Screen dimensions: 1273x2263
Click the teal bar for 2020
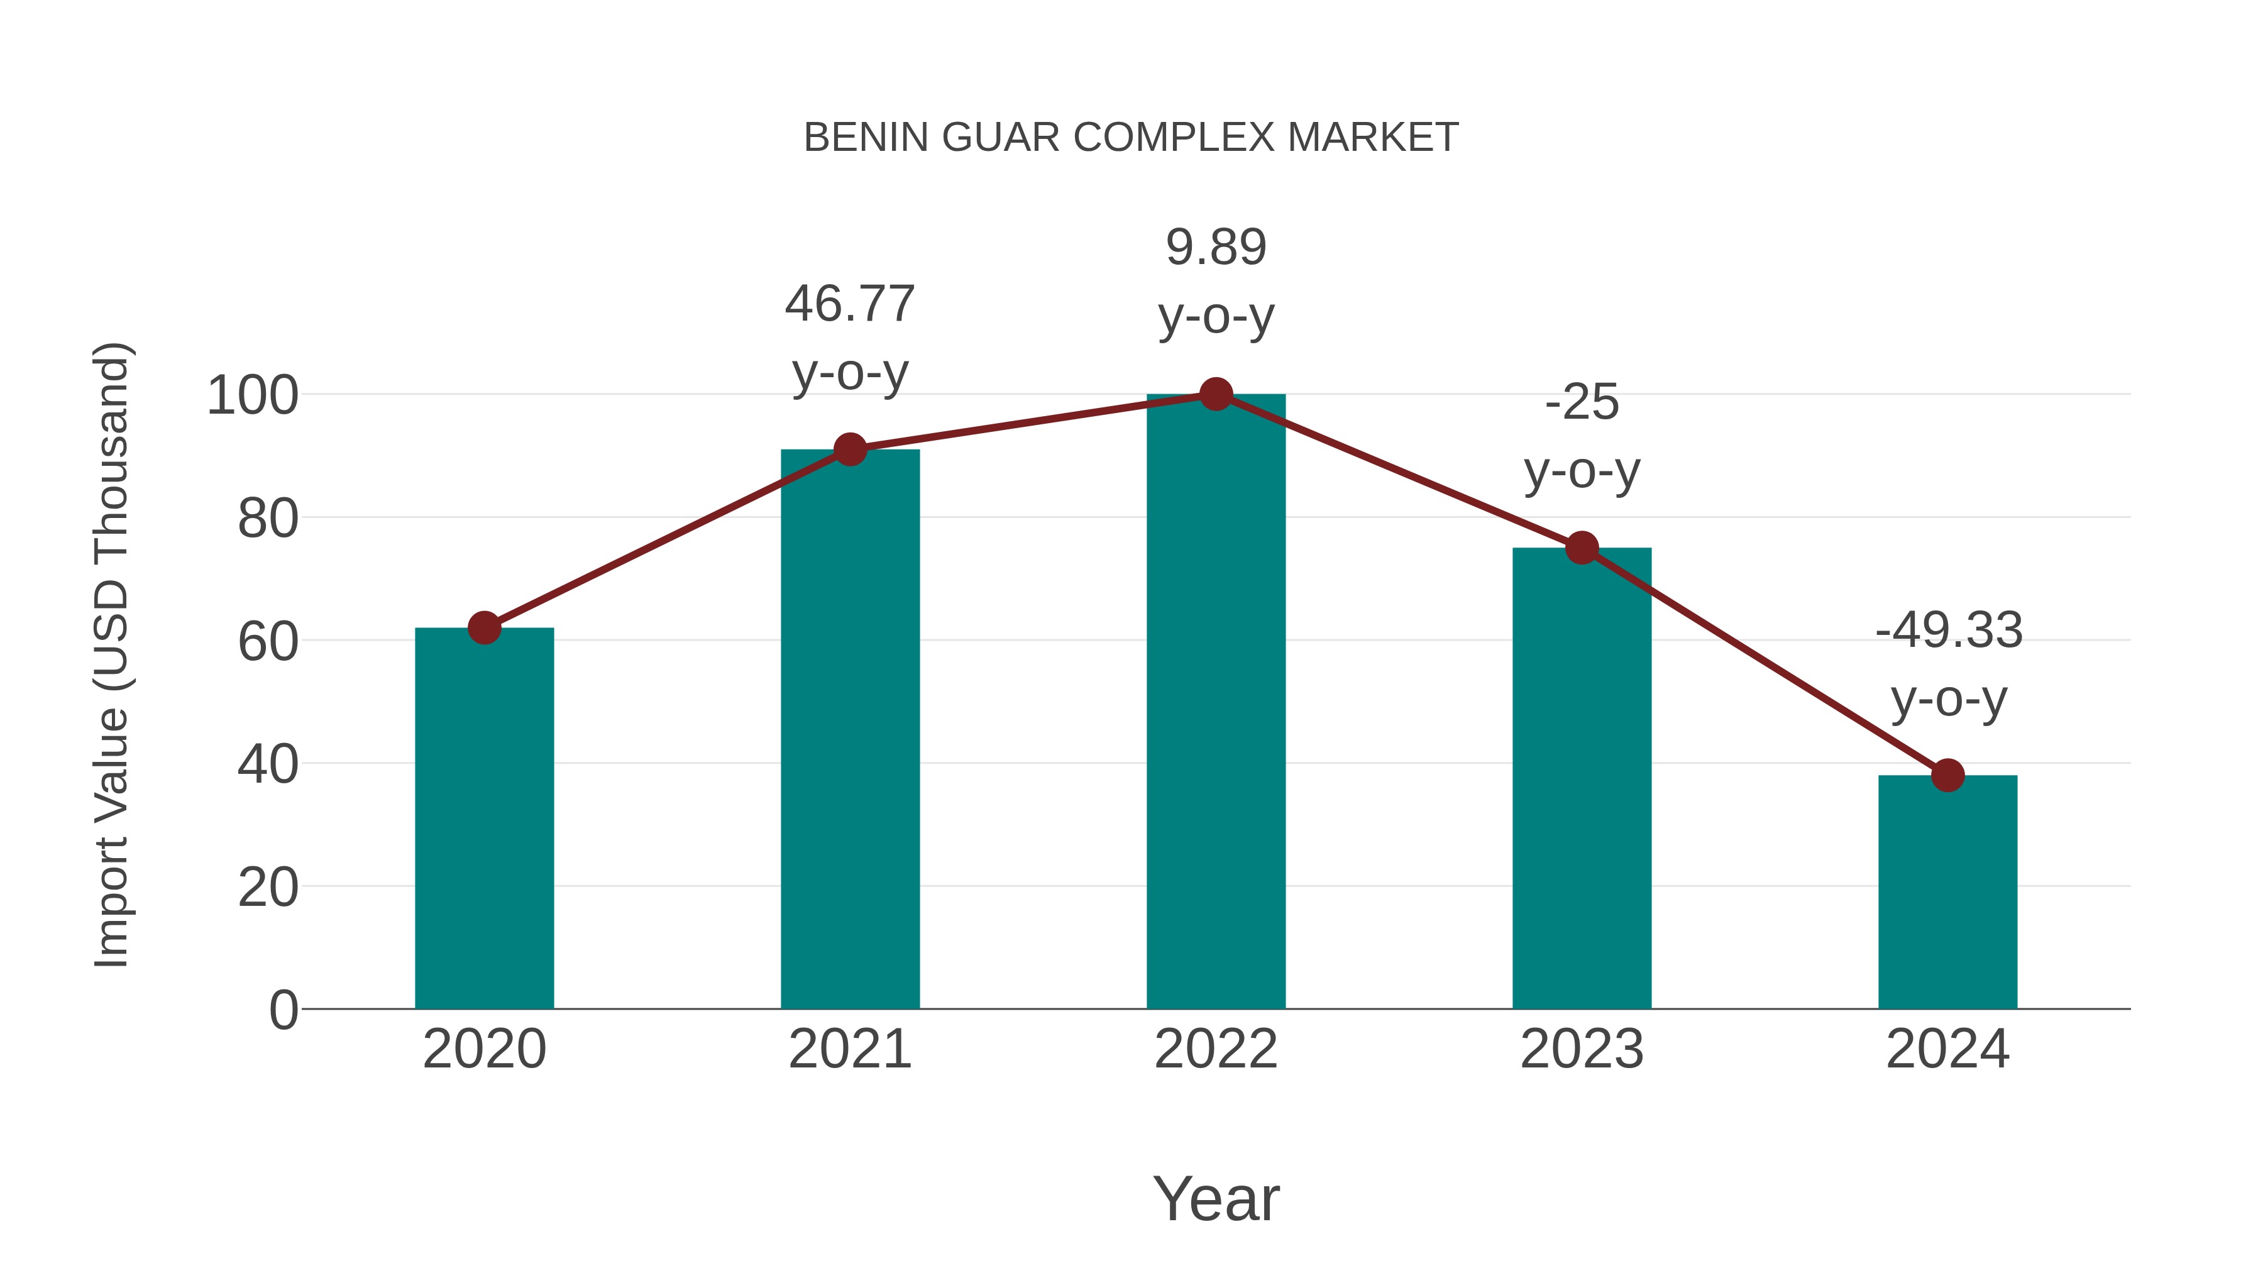(x=484, y=817)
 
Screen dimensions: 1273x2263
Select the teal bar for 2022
(x=1216, y=703)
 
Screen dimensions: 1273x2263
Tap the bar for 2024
(x=1947, y=891)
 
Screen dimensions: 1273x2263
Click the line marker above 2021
(x=849, y=450)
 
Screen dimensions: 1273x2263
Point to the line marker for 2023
(x=1582, y=548)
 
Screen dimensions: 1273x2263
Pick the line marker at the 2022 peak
(x=1216, y=394)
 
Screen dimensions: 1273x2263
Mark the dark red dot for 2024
(x=1947, y=775)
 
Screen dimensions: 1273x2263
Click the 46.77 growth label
(x=849, y=304)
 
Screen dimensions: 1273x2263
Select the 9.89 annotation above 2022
(x=1216, y=247)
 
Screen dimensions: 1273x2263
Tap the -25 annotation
(x=1582, y=402)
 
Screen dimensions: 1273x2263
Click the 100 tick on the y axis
(x=252, y=396)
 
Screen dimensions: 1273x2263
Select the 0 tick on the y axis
(x=283, y=1010)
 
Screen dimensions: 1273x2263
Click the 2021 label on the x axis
(x=849, y=1049)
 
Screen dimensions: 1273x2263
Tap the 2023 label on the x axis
(x=1582, y=1049)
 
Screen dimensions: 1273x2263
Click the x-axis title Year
(x=1216, y=1199)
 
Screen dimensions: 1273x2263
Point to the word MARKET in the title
(x=1372, y=138)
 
